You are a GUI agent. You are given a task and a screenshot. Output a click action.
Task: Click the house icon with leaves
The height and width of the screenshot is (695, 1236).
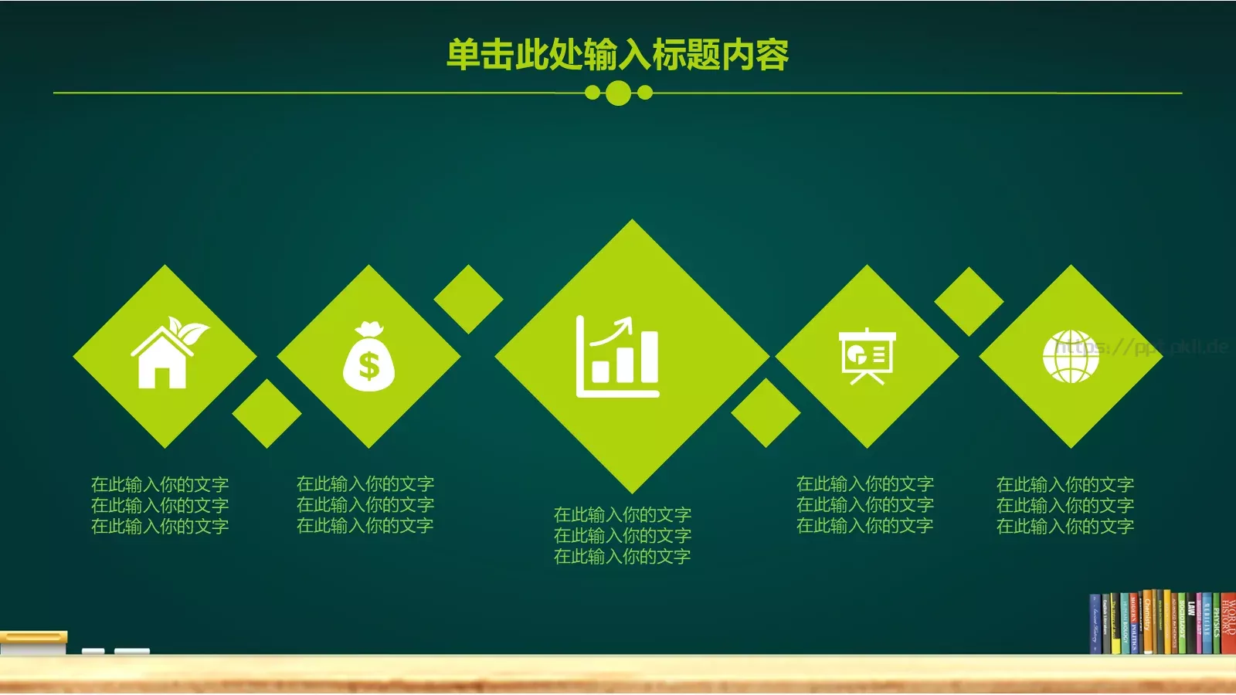(x=166, y=355)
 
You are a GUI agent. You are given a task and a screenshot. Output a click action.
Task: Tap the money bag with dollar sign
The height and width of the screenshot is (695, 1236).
(x=368, y=359)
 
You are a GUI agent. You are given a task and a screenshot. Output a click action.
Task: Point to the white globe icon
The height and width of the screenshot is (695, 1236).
(x=1071, y=357)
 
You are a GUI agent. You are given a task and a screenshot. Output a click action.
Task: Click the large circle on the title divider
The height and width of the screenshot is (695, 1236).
(x=618, y=93)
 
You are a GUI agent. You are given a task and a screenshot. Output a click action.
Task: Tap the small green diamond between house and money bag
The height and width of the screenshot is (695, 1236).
(x=267, y=413)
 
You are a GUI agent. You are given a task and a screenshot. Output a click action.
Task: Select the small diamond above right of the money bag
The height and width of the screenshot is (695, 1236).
(x=468, y=299)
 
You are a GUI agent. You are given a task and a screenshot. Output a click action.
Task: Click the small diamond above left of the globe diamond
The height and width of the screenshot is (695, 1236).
(x=968, y=301)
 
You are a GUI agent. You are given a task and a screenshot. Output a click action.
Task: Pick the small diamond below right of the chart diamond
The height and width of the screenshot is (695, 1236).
(x=766, y=413)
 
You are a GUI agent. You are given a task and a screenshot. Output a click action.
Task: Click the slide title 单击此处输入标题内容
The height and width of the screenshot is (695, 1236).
(x=618, y=55)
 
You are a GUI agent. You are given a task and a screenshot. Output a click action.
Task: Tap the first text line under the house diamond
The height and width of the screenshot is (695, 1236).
(x=160, y=485)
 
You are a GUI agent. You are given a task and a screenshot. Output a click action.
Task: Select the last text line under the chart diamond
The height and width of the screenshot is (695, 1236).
(x=622, y=556)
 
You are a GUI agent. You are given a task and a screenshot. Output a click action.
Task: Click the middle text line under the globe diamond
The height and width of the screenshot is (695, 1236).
(x=1065, y=506)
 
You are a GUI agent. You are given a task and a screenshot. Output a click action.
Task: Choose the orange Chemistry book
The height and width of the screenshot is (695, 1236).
(x=1148, y=622)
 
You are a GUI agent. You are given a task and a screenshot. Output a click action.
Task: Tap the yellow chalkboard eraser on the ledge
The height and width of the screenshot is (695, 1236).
(x=34, y=641)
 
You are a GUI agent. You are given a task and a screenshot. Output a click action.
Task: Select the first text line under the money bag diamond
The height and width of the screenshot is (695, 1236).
(x=365, y=484)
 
